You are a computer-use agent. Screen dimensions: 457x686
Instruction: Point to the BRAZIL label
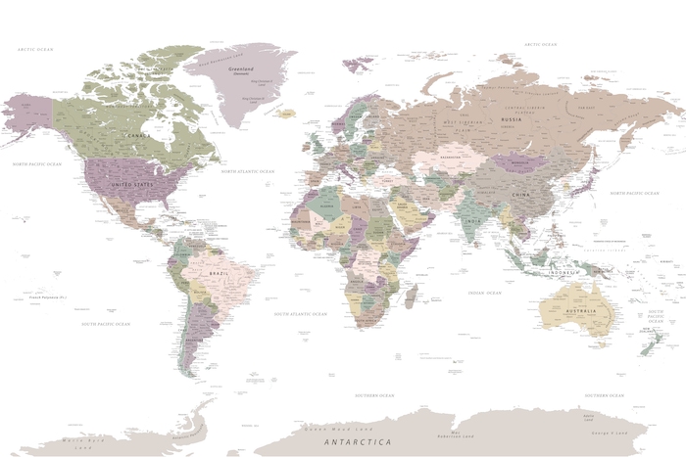coord(220,273)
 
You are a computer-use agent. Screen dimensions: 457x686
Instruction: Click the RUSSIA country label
coord(510,120)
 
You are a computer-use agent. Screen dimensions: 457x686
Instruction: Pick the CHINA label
coord(519,195)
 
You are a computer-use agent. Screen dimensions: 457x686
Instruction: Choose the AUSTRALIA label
coord(580,311)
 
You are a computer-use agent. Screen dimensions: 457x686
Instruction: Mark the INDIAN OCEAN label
coord(484,293)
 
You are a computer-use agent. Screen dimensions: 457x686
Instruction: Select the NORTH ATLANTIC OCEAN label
coord(248,171)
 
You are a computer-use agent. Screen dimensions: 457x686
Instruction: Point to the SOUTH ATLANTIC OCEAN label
coord(299,314)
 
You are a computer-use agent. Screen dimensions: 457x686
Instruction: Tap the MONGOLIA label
coord(520,162)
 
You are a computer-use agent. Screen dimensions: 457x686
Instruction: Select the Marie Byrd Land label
coord(78,441)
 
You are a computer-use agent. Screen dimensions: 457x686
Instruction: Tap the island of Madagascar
coord(412,296)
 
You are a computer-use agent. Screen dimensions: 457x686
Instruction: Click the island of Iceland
coord(285,114)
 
